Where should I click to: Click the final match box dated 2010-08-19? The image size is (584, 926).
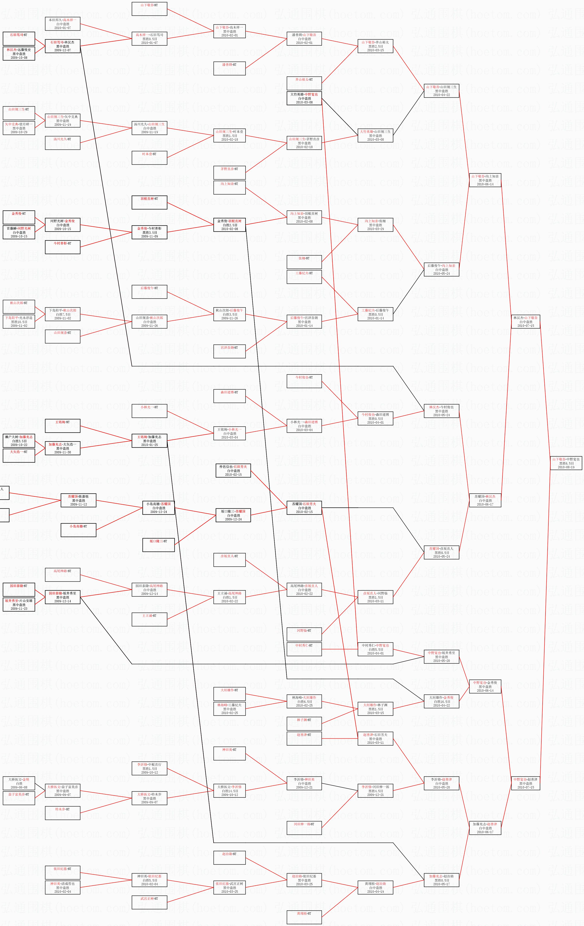(x=566, y=463)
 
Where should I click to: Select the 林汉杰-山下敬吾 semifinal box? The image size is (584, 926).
(x=525, y=321)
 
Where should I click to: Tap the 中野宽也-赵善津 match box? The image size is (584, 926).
(x=525, y=783)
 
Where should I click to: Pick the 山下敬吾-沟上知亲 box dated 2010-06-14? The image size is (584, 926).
(x=485, y=180)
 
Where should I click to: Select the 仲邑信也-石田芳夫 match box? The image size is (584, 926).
(x=233, y=470)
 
